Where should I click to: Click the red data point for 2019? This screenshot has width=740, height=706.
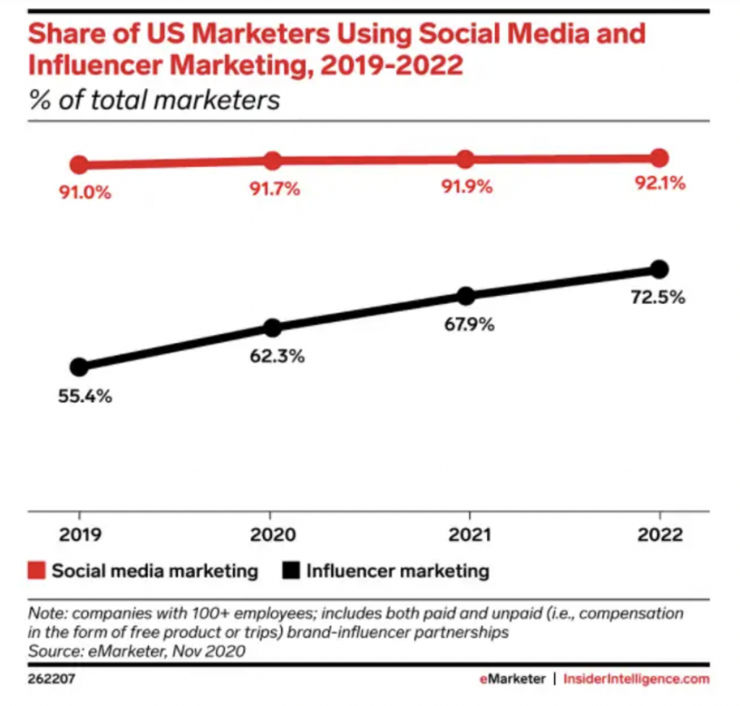[x=79, y=165]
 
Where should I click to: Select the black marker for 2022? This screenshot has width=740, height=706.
[x=659, y=269]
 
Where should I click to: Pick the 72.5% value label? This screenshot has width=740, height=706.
[x=656, y=297]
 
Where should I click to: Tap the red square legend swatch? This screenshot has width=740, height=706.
[x=37, y=571]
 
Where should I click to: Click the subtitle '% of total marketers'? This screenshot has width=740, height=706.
[x=154, y=100]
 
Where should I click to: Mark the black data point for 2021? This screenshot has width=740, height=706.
[x=466, y=295]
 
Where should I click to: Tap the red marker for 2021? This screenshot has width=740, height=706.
[x=466, y=160]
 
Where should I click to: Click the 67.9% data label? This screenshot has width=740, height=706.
[x=468, y=325]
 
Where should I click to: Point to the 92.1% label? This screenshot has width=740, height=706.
[x=659, y=184]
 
